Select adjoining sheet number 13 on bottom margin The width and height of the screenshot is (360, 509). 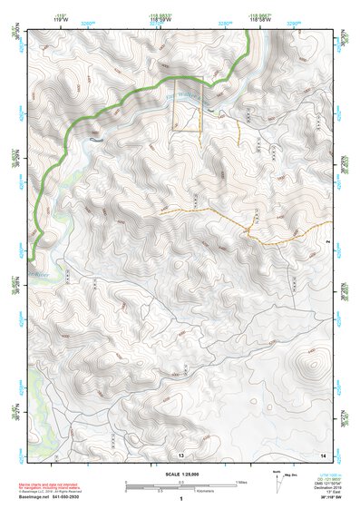[x=181, y=453]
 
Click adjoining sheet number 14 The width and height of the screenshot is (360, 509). [x=322, y=453]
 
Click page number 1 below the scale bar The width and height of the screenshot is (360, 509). [x=181, y=499]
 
